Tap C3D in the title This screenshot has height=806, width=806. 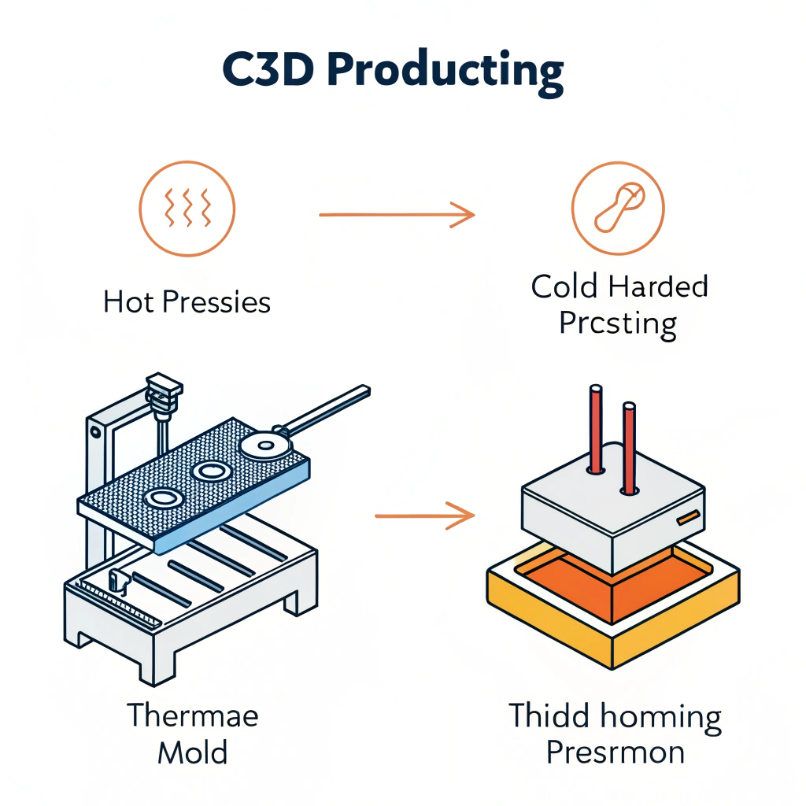coord(272,72)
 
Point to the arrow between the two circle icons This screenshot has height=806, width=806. coord(397,213)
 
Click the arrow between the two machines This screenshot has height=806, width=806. coord(424,516)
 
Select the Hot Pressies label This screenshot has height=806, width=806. coord(187,303)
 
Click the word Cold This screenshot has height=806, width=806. coord(564,287)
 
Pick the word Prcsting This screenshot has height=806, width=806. coord(618,324)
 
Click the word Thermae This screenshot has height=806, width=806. coord(193,716)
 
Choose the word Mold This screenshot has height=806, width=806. coord(193,753)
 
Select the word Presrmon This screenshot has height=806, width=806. coord(616,753)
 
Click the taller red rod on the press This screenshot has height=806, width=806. coord(596,429)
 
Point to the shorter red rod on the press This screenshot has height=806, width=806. coord(629,449)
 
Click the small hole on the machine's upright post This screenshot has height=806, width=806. coord(96,431)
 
